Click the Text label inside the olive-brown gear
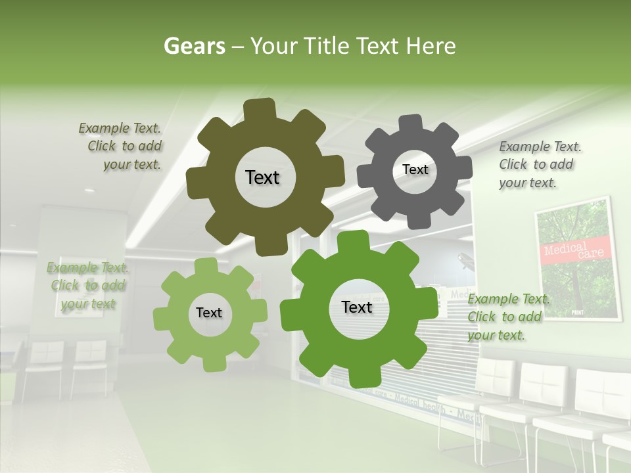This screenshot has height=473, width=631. coord(262,177)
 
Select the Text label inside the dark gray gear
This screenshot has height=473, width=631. coord(415,169)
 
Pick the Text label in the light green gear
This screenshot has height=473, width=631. coord(208,313)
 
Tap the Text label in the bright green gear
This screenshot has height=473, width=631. coord(357,307)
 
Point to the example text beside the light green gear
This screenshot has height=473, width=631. coord(88,286)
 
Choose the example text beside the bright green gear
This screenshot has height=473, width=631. coord(506,317)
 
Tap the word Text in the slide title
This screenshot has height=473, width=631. coord(378,46)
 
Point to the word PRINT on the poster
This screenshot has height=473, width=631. coord(578,311)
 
